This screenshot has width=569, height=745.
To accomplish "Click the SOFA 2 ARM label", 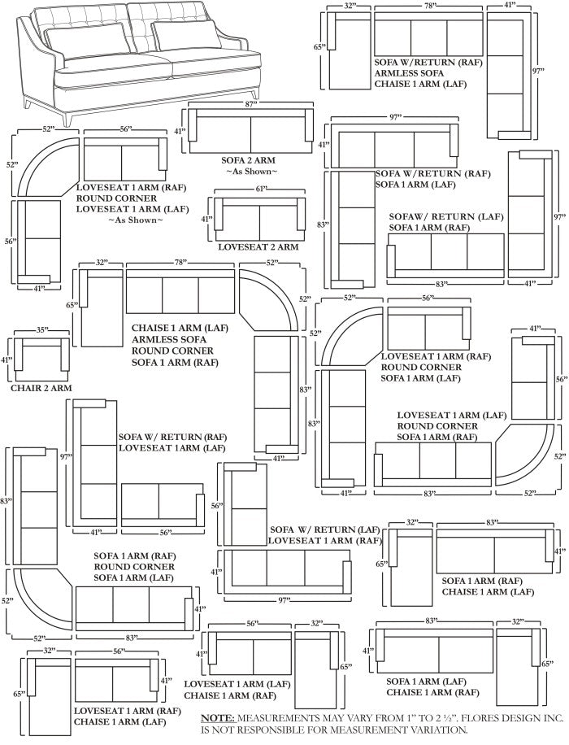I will [249, 160].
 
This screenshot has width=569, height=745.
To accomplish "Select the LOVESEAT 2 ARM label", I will [258, 246].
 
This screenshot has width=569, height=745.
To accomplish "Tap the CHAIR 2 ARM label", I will [41, 388].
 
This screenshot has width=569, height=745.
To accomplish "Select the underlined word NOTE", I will [218, 719].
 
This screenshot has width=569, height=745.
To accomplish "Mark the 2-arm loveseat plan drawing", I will [259, 217].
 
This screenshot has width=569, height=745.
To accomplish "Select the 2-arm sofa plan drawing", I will [250, 130].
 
